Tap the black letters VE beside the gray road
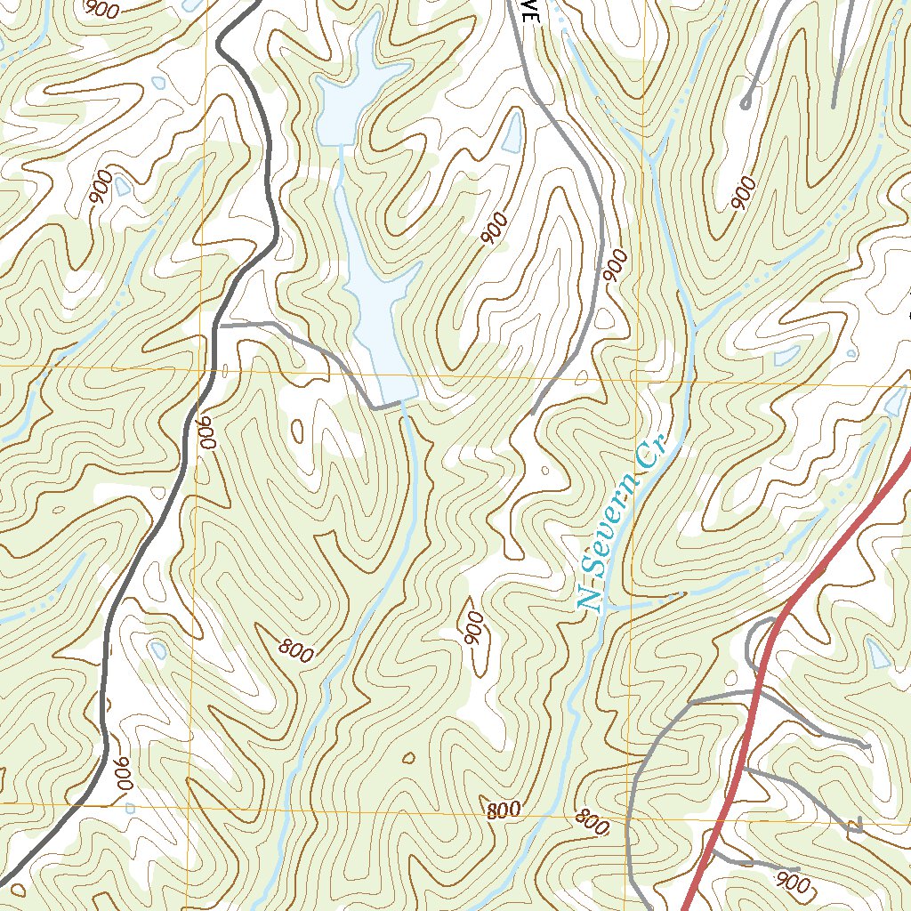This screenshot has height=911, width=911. [x=530, y=11]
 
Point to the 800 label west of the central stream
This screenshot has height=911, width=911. [x=295, y=651]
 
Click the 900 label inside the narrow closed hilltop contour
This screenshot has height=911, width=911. [x=473, y=628]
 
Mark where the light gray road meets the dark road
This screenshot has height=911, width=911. [x=221, y=327]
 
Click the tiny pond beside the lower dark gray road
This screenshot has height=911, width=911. [x=158, y=649]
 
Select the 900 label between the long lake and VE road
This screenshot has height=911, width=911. [x=494, y=229]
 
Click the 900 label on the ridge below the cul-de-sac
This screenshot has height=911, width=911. [x=743, y=193]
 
